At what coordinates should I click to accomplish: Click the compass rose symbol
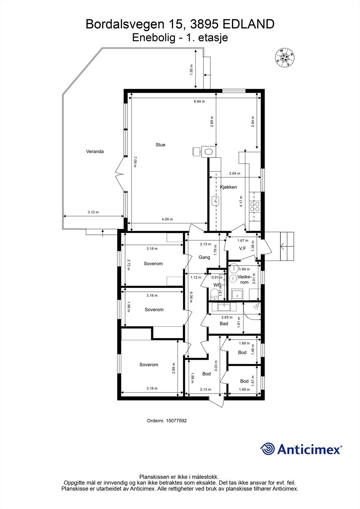(284, 58)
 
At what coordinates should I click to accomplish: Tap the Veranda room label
(95, 151)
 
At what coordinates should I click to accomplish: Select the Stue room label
(160, 145)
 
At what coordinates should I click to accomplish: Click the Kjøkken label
(229, 187)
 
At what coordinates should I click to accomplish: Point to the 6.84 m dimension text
(199, 101)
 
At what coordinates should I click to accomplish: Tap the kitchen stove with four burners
(255, 207)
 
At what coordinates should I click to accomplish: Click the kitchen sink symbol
(215, 201)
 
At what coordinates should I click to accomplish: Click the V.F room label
(243, 248)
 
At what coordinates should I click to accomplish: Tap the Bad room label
(224, 324)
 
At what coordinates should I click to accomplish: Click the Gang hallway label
(204, 257)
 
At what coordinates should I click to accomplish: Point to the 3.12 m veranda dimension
(93, 212)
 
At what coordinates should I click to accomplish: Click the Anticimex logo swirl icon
(267, 449)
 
